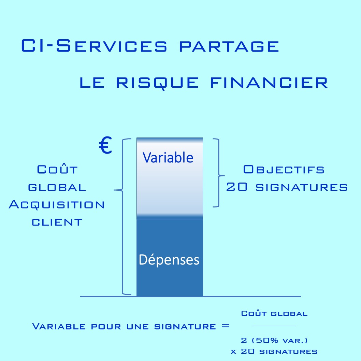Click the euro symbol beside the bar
[x=105, y=145]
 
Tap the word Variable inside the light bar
[x=168, y=158]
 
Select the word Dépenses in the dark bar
[x=169, y=260]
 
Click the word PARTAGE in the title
[x=229, y=46]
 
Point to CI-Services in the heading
[x=94, y=46]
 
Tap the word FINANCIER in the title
[x=269, y=83]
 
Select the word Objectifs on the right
[x=284, y=170]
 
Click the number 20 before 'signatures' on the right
[x=237, y=187]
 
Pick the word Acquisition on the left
[x=57, y=204]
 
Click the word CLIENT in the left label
[x=57, y=222]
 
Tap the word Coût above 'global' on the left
[x=57, y=169]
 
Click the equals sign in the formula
[x=226, y=326]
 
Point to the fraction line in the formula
[x=274, y=326]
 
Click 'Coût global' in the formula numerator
[x=274, y=313]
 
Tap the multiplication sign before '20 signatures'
[x=233, y=352]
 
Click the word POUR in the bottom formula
[x=106, y=327]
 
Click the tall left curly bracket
[x=122, y=216]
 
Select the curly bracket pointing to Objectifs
[x=219, y=173]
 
